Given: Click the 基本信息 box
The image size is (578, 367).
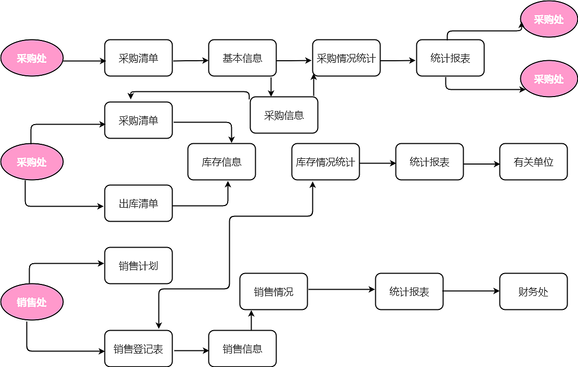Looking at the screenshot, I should coord(242,58).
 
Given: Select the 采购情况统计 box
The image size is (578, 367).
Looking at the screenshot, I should coord(346,58).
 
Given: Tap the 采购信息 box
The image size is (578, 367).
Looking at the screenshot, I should coord(284,115).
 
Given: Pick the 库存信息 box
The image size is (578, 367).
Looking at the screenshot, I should coord(221,162).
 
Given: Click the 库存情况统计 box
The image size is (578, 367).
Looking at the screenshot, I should coord(325,162).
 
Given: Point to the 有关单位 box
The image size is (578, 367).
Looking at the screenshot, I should coord(533,162).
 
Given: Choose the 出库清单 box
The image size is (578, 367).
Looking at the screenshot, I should coord(138,203).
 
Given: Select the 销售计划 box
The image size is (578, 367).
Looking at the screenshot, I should coord(138,266).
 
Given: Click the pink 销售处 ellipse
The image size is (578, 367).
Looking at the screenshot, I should coord(32,302).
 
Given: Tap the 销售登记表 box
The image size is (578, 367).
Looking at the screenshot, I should coord(138,349).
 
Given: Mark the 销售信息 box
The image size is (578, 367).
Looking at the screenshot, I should coord(242,349).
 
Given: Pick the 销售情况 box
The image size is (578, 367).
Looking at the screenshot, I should coord(273,292).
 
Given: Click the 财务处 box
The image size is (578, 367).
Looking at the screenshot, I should coord(533,292).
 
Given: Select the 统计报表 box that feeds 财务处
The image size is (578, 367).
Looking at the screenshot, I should coord(409,292).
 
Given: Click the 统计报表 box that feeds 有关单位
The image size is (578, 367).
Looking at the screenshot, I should coord(429,162).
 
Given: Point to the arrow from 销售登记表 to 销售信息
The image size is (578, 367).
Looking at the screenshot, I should coord(191,350).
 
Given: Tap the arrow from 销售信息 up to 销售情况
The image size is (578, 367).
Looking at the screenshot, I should coord(251,321).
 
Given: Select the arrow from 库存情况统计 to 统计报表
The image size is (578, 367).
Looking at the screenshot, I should coord(377,163).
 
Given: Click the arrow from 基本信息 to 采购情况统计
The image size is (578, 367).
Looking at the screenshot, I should coord(294,61).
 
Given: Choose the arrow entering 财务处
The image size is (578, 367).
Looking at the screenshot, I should coord(471,291).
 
